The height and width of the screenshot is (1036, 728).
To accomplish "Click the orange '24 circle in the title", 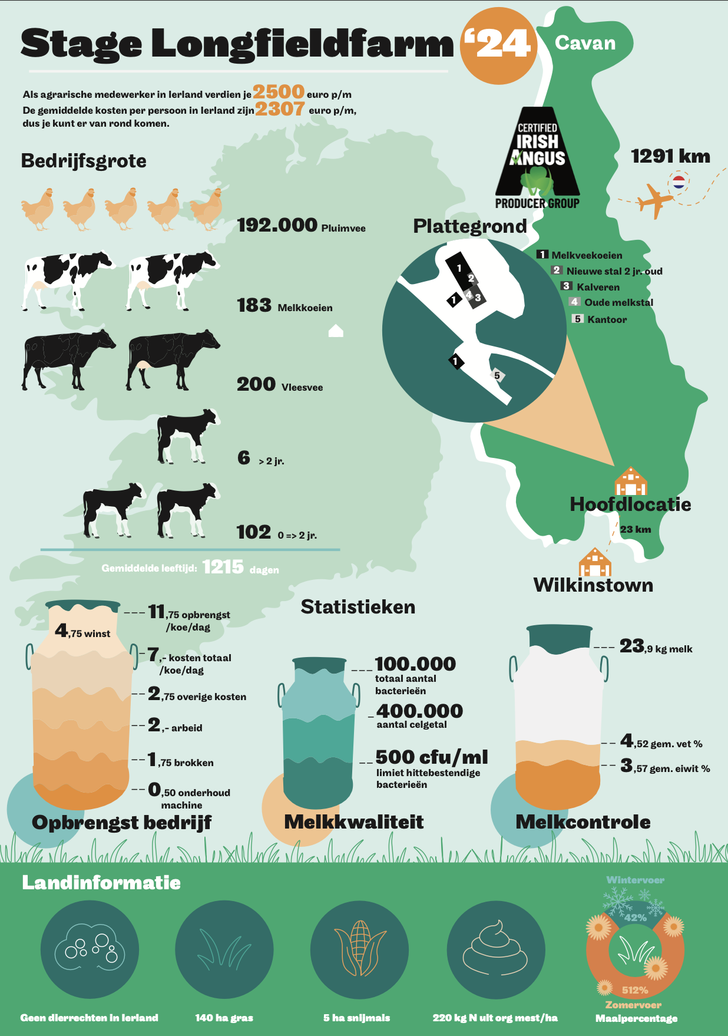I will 498,45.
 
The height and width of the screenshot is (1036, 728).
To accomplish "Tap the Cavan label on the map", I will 585,43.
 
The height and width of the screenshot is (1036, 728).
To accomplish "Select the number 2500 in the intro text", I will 279,92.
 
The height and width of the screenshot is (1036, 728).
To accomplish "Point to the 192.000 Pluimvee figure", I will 301,226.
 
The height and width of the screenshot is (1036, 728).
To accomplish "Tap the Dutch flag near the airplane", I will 679,182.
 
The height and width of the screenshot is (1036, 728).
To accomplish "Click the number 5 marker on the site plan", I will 497,375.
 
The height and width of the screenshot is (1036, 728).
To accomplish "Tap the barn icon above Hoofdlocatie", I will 630,481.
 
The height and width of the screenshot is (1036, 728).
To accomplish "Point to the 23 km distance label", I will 635,529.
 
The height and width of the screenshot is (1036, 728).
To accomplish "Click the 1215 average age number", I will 223,567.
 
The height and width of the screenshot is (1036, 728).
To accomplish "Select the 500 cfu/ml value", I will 431,757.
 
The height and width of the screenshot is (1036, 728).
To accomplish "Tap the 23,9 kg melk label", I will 656,647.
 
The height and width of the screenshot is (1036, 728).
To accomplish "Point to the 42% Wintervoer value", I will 636,918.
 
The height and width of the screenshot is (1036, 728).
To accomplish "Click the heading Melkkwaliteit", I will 353,822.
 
